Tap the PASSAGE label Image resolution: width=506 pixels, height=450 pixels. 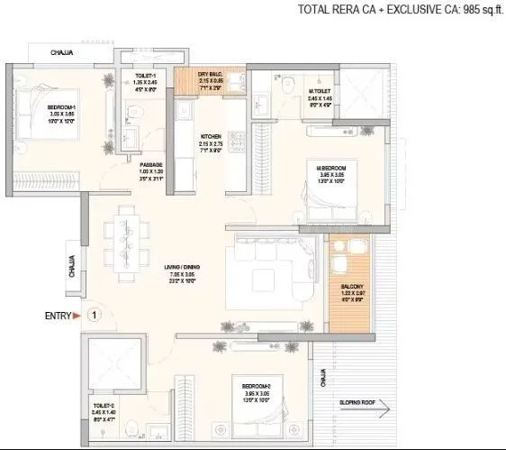click(x=151, y=164)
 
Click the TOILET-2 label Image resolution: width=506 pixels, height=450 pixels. click(x=102, y=406)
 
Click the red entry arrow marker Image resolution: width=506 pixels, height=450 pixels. click(x=77, y=316)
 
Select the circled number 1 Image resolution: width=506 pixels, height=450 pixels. click(x=96, y=316)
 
